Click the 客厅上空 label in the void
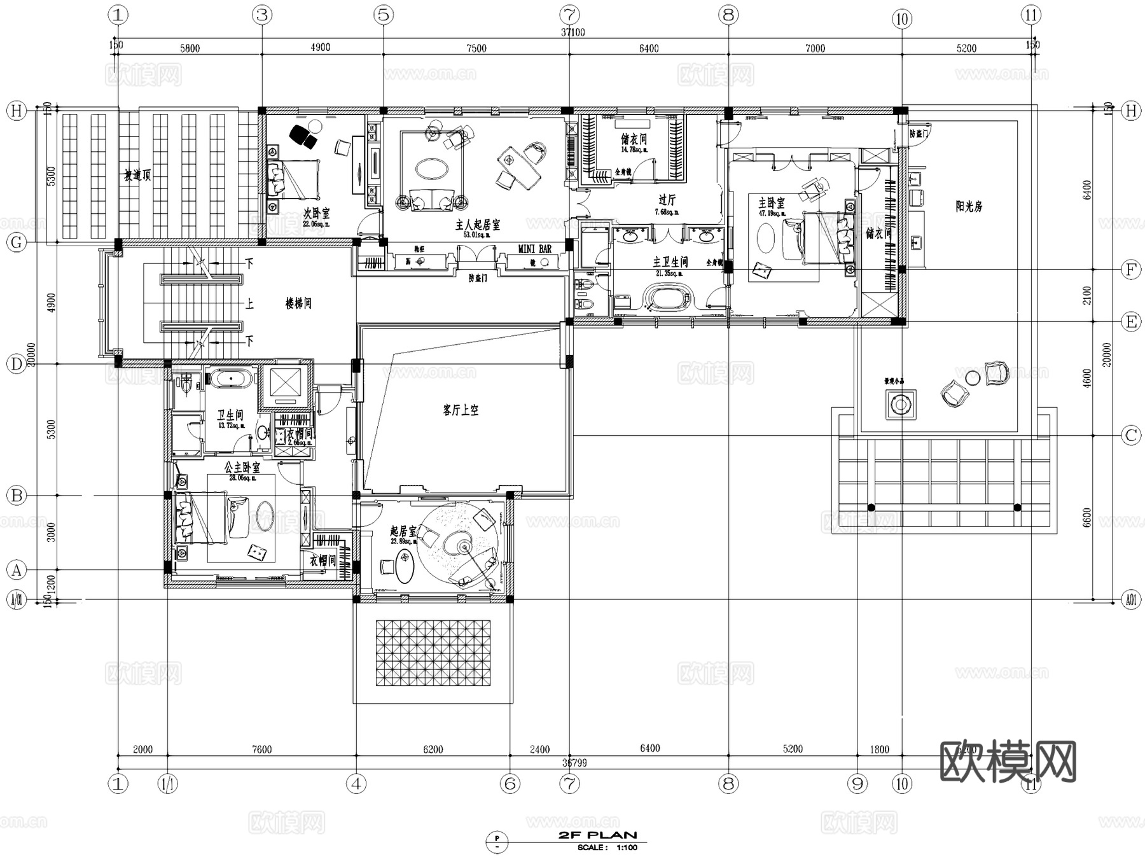pyautogui.click(x=461, y=410)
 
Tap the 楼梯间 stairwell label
pyautogui.click(x=298, y=303)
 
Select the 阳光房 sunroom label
pyautogui.click(x=969, y=206)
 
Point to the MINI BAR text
pyautogui.click(x=534, y=249)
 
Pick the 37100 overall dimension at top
pyautogui.click(x=573, y=32)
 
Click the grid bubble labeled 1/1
pyautogui.click(x=167, y=784)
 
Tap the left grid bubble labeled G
pyautogui.click(x=17, y=242)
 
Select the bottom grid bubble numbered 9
pyautogui.click(x=857, y=784)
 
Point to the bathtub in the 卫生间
pyautogui.click(x=231, y=380)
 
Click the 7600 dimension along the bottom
pyautogui.click(x=261, y=749)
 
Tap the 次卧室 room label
pyautogui.click(x=316, y=214)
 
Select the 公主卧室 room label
pyautogui.click(x=242, y=468)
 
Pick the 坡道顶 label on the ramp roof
pyautogui.click(x=137, y=176)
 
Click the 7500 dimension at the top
pyautogui.click(x=476, y=48)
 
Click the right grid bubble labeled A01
pyautogui.click(x=1130, y=599)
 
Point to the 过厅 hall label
pyautogui.click(x=667, y=200)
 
